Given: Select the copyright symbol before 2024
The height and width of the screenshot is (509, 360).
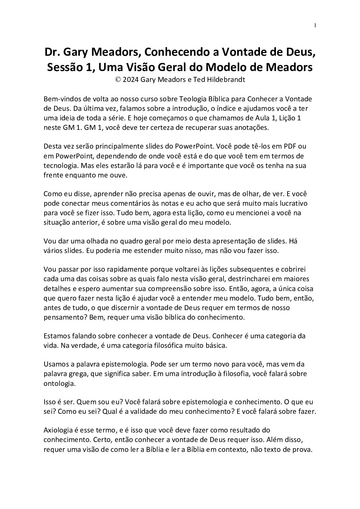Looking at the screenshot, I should coord(118,80).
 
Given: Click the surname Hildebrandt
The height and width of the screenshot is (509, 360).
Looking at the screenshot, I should coord(222,80).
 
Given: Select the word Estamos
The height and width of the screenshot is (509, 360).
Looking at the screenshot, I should coord(56,336).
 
